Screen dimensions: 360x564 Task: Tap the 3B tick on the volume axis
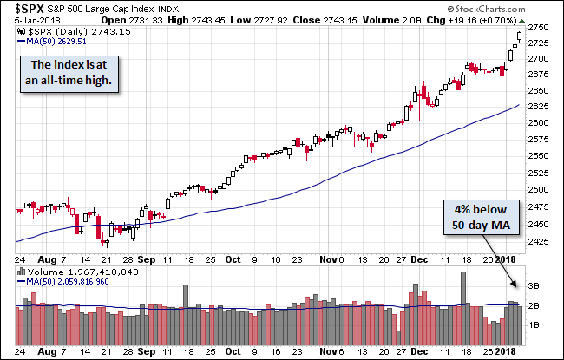535,285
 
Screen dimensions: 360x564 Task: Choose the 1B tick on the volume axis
535,324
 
